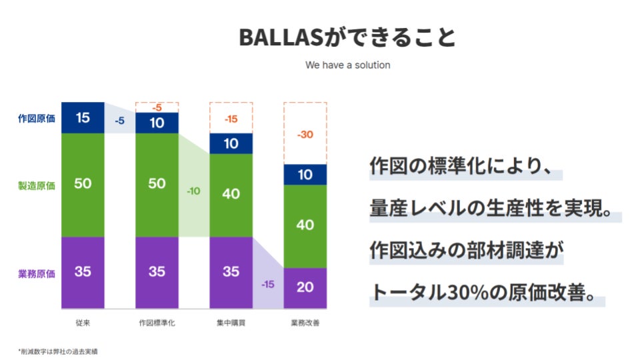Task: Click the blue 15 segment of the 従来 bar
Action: [83, 117]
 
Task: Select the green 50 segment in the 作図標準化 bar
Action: [157, 185]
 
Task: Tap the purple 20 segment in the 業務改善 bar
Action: [305, 288]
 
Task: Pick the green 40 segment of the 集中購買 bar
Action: [231, 195]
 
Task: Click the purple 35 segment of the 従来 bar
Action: [83, 273]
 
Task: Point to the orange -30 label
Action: [305, 134]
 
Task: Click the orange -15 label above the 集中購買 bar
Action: [231, 119]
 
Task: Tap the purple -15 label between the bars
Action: [268, 284]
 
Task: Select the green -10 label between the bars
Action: [193, 191]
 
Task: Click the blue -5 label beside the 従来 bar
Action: [119, 121]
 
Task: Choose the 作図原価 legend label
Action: [36, 119]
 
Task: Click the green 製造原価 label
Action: [36, 186]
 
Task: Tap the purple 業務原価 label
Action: [36, 273]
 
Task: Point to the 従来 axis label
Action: [83, 323]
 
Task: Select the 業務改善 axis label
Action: [305, 323]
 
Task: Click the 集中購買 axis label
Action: [231, 323]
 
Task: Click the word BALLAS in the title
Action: [281, 37]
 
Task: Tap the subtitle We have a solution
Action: [348, 65]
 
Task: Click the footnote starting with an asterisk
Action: [57, 351]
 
